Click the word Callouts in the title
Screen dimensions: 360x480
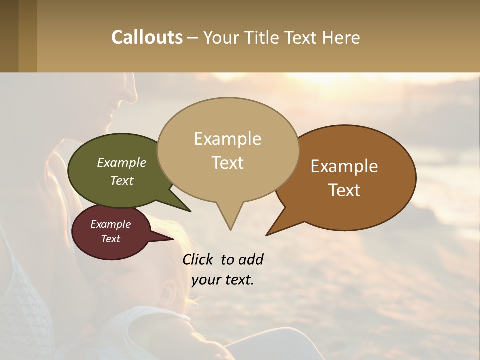(x=147, y=37)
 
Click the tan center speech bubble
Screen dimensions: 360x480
(x=228, y=150)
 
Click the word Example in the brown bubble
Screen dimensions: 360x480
(x=344, y=166)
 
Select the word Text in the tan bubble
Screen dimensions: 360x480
(x=228, y=163)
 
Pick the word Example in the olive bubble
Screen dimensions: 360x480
(x=122, y=163)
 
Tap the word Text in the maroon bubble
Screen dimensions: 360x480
(x=111, y=239)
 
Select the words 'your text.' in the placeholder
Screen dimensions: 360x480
(x=223, y=280)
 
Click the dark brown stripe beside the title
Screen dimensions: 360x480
(x=9, y=36)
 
